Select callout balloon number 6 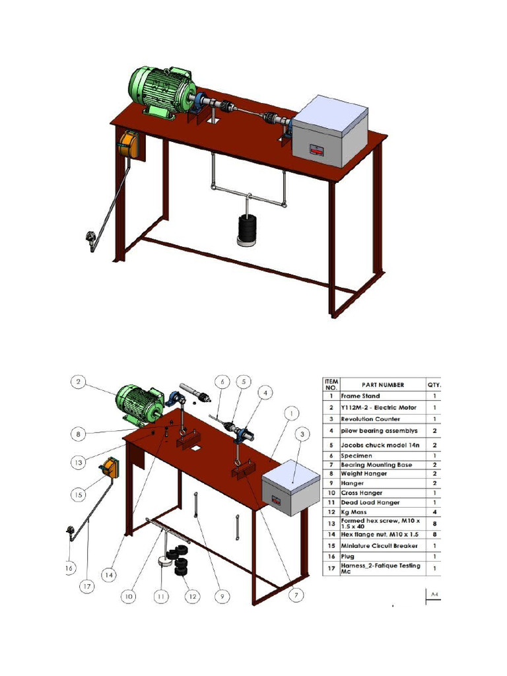[x=222, y=382]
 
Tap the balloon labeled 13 [x=79, y=463]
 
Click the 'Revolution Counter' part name [x=370, y=419]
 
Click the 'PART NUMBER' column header [x=383, y=385]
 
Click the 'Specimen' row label [x=356, y=455]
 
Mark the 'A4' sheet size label [x=434, y=596]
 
